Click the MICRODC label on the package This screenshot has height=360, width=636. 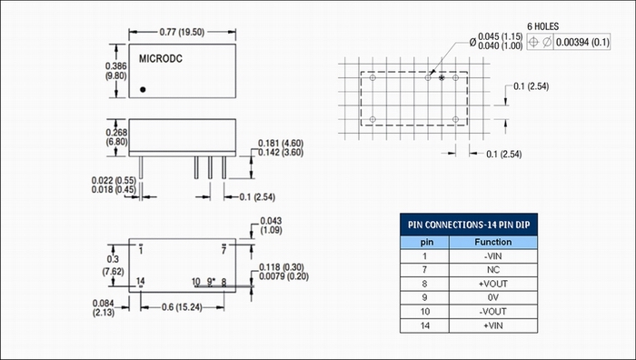(161, 59)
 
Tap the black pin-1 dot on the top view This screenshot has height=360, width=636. (143, 89)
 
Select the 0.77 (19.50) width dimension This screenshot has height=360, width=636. (182, 32)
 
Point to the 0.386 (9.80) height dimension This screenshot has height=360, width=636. (116, 71)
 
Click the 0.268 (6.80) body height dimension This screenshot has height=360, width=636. (116, 137)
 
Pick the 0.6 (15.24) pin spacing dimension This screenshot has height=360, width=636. (182, 307)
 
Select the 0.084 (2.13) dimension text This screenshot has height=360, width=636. (104, 308)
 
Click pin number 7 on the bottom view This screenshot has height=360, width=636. (224, 250)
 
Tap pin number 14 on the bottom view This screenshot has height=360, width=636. (140, 281)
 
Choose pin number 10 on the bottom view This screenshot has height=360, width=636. (196, 282)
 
